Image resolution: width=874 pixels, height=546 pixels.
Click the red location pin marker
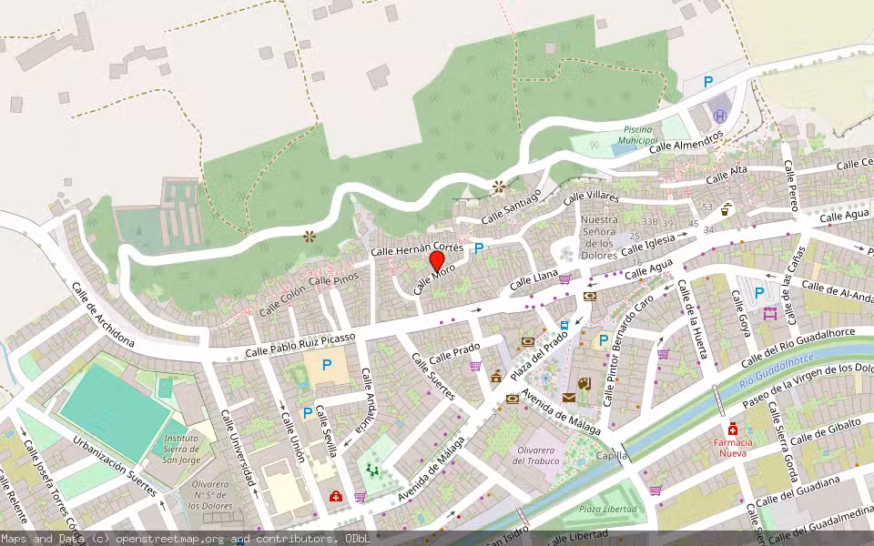pos(437,260)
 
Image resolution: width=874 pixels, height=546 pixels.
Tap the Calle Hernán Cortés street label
pos(418,248)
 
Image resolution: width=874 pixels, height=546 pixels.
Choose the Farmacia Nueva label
pos(733,447)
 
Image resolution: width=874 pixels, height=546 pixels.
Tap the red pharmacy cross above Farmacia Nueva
pos(732,429)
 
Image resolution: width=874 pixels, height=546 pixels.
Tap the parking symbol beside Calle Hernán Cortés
pos(479,248)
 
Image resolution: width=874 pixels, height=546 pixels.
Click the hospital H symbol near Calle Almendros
pos(720,116)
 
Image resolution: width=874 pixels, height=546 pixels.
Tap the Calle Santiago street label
pos(512,207)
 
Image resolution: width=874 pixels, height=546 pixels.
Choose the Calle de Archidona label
pos(102,315)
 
